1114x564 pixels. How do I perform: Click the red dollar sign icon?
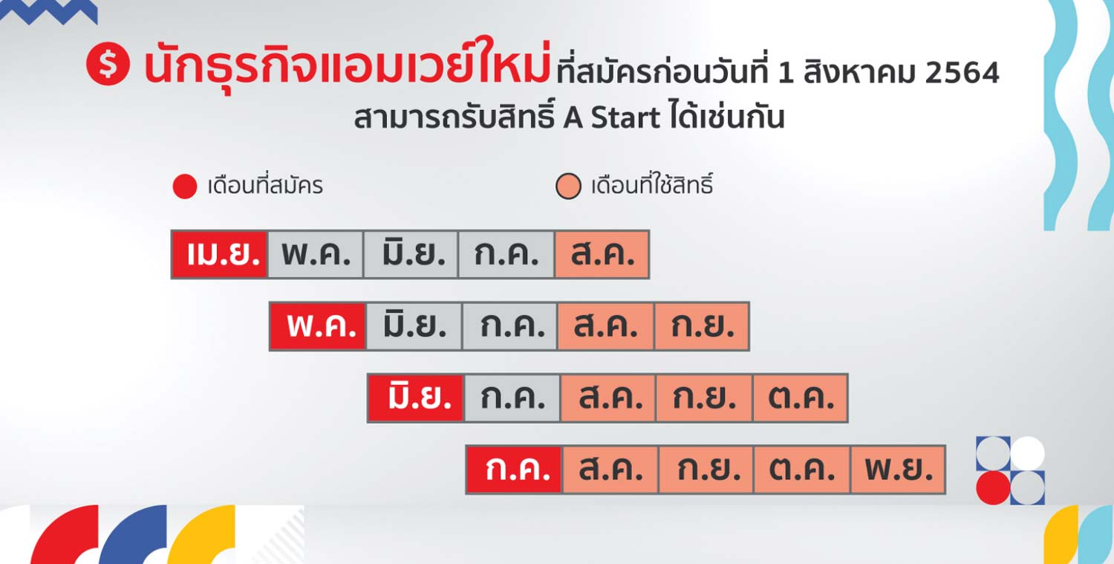tap(108, 64)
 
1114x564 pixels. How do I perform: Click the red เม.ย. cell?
tap(220, 254)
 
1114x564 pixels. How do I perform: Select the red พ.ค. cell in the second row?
tap(318, 326)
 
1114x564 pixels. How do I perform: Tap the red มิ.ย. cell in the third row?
tap(416, 398)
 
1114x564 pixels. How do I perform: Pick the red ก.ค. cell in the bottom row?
tap(514, 470)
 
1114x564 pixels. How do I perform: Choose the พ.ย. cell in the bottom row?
tap(898, 470)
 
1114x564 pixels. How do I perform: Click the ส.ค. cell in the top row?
tap(602, 254)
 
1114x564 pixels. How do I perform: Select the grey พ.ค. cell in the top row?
tap(316, 254)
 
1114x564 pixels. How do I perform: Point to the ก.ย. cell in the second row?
tap(702, 326)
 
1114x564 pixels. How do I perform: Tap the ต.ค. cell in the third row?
tap(800, 398)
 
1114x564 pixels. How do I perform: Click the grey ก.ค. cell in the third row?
tap(512, 398)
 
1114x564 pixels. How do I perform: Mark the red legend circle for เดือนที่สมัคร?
tap(184, 187)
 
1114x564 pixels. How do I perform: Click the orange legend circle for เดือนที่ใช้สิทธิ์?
tap(568, 187)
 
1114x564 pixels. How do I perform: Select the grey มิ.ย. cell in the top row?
tap(411, 254)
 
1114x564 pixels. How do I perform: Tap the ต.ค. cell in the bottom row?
tap(801, 470)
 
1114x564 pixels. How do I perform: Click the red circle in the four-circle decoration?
tap(993, 488)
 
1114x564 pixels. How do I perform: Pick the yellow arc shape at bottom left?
tap(201, 534)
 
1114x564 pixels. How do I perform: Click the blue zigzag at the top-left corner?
tap(49, 11)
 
